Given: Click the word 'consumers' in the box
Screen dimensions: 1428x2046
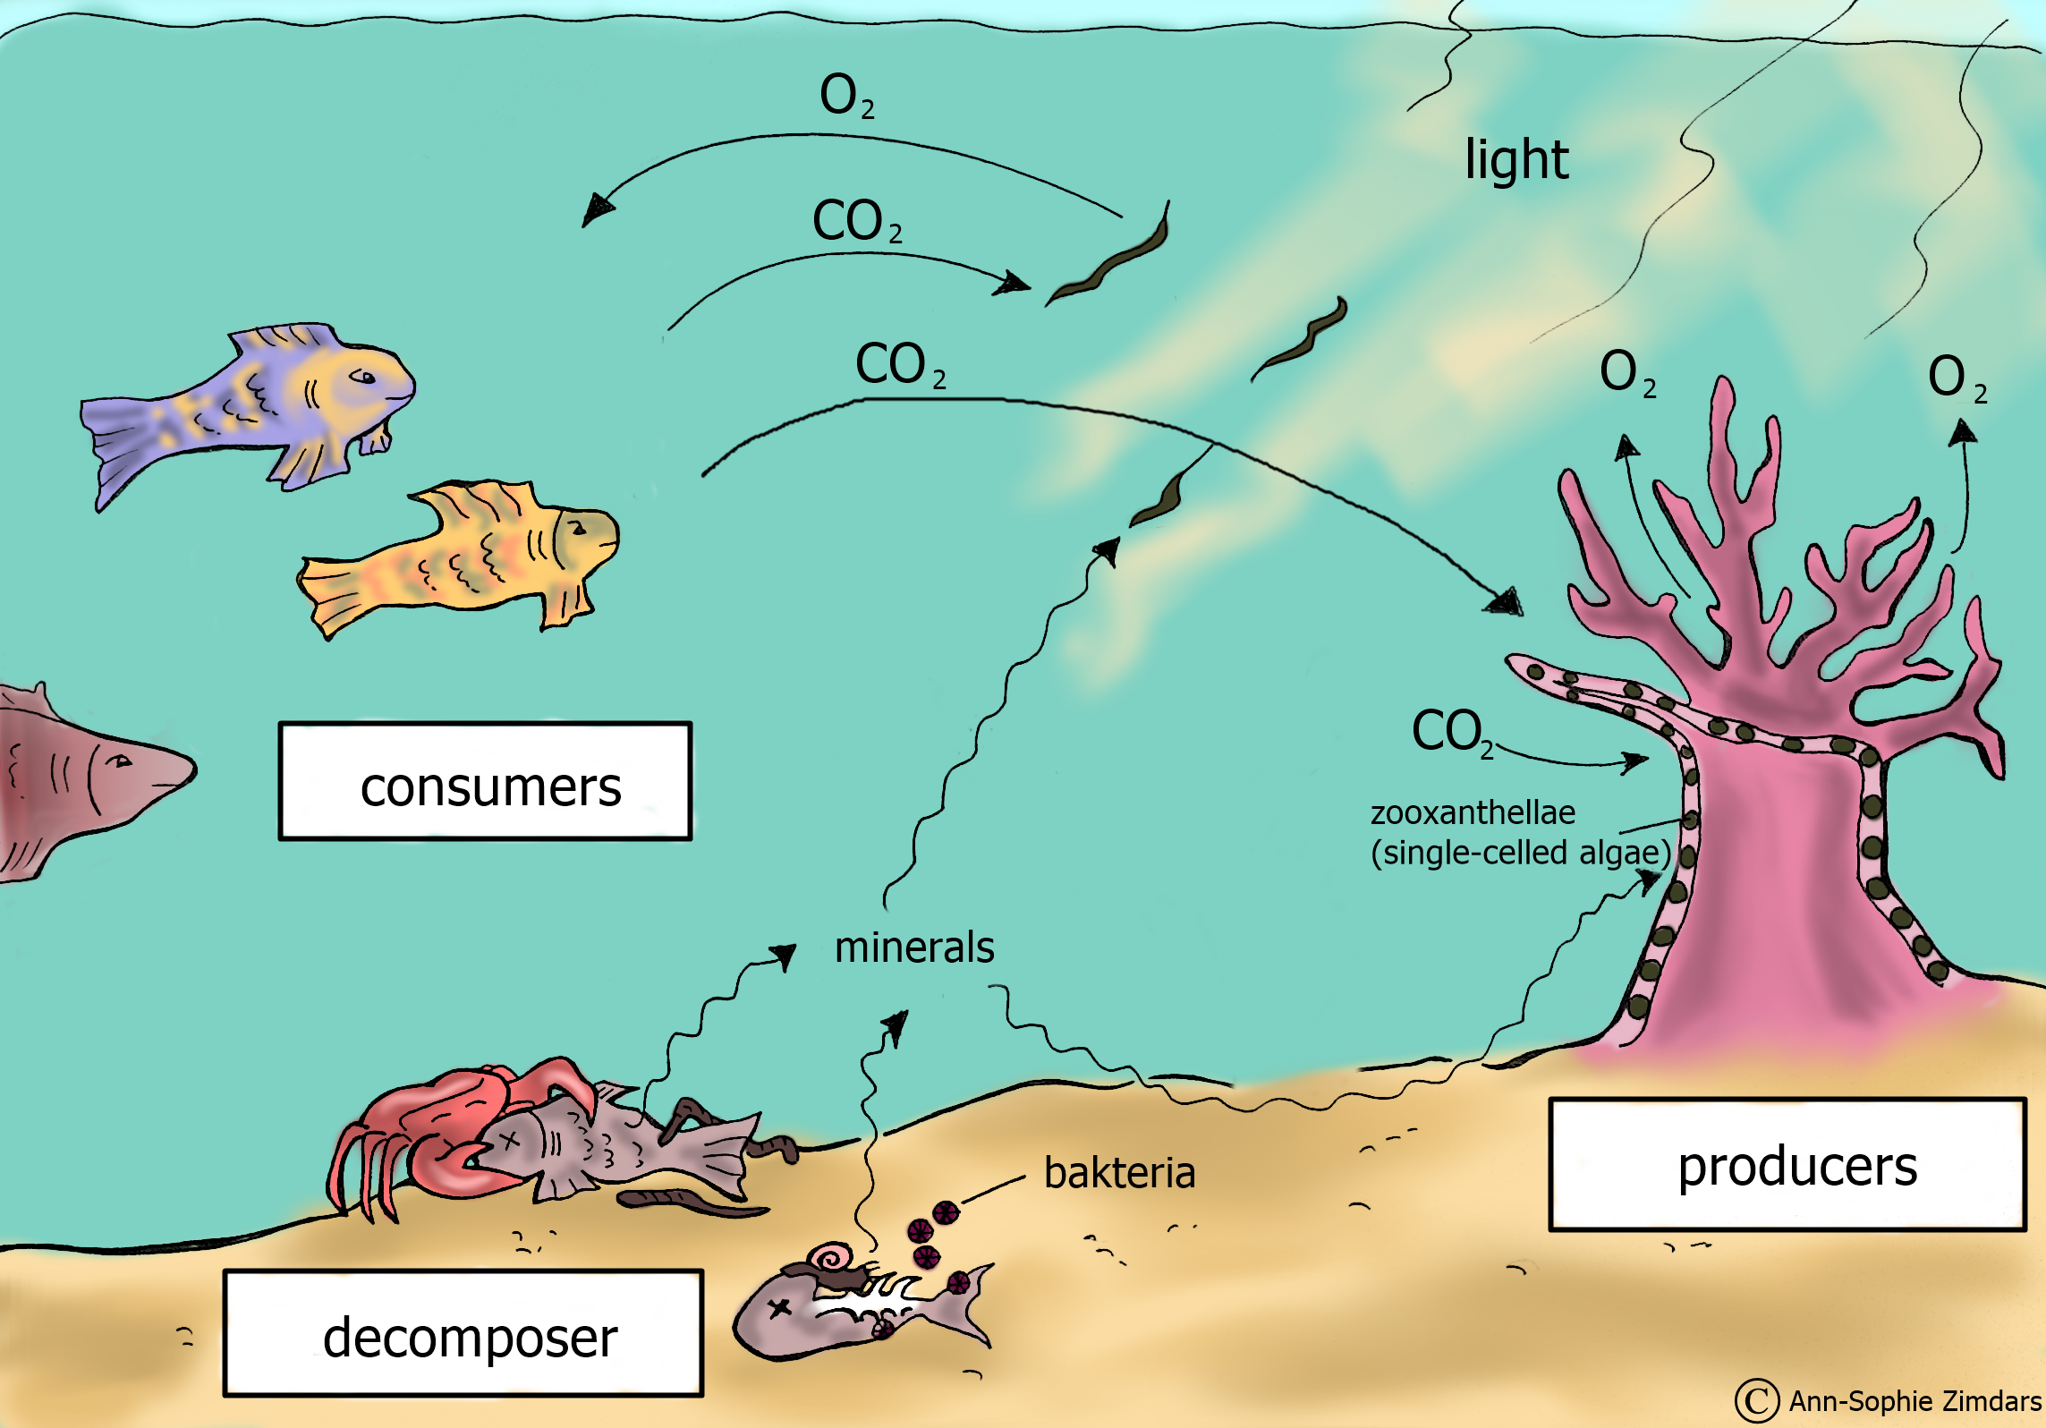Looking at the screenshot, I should click(x=490, y=787).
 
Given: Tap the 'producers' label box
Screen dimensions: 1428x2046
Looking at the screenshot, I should click(x=1787, y=1165).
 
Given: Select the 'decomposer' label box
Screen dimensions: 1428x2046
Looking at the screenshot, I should click(x=463, y=1333).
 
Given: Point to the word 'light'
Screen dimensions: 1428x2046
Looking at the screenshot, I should click(x=1516, y=160).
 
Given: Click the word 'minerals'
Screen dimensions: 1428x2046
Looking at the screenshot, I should click(x=913, y=948).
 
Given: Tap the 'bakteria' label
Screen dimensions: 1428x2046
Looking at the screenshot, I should click(x=1119, y=1173).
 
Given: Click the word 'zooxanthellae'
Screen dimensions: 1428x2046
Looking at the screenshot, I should click(x=1473, y=812).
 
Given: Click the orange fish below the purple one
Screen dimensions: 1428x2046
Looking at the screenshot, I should click(x=465, y=555).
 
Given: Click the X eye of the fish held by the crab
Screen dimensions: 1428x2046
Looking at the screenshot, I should click(x=509, y=1142).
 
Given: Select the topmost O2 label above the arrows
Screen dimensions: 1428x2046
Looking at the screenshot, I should click(x=846, y=96).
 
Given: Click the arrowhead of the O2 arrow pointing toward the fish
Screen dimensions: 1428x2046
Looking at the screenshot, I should click(x=596, y=209).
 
